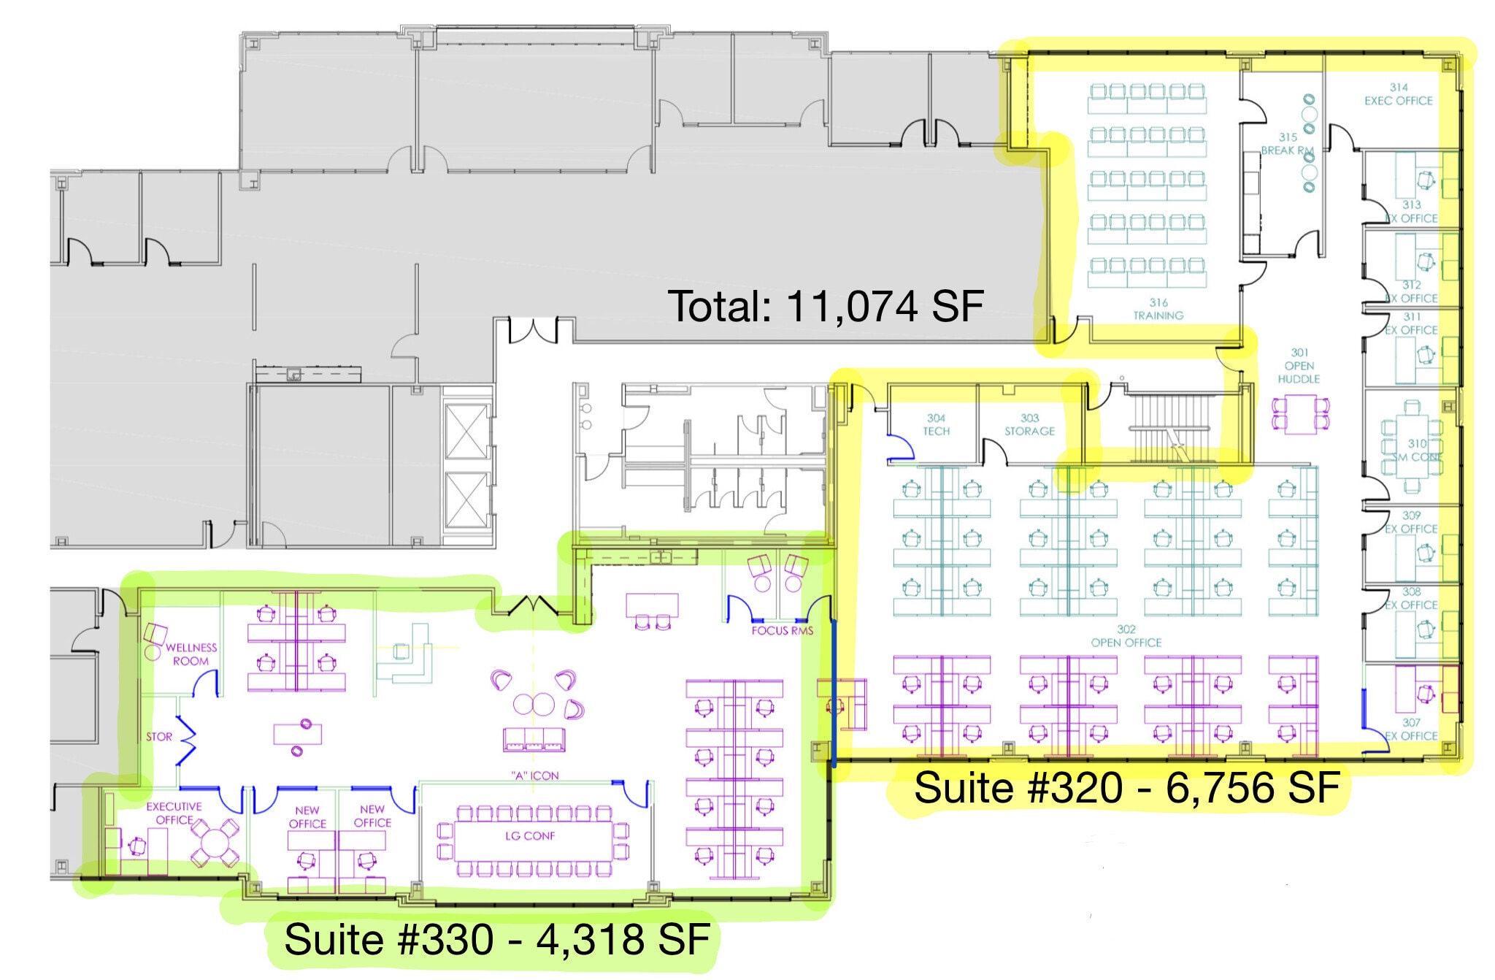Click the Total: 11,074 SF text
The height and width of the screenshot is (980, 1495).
[x=826, y=306]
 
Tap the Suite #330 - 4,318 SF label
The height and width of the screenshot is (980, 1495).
[x=496, y=939]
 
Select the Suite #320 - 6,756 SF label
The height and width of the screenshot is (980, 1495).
[x=1126, y=788]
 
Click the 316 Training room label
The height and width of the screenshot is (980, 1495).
[x=1158, y=309]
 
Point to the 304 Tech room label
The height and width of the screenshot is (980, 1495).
[x=936, y=424]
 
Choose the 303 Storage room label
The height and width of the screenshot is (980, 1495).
[x=1029, y=424]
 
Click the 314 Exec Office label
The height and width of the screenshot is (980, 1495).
[x=1398, y=94]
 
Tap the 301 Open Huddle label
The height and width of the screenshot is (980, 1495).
[x=1299, y=366]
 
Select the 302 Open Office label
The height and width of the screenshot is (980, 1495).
[x=1126, y=636]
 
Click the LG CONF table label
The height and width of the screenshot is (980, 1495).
[x=530, y=835]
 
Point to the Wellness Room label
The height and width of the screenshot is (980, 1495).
[x=191, y=654]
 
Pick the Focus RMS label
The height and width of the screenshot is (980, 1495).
[x=782, y=630]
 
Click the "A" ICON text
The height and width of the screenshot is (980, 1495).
[x=534, y=776]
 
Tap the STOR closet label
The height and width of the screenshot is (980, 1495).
[x=158, y=737]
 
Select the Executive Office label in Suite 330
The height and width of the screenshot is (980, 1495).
[x=174, y=813]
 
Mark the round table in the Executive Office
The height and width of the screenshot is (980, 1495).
[x=214, y=845]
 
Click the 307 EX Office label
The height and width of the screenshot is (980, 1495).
[x=1410, y=729]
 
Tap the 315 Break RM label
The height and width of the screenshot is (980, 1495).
[x=1288, y=144]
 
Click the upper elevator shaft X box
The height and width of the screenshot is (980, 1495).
[x=466, y=431]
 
